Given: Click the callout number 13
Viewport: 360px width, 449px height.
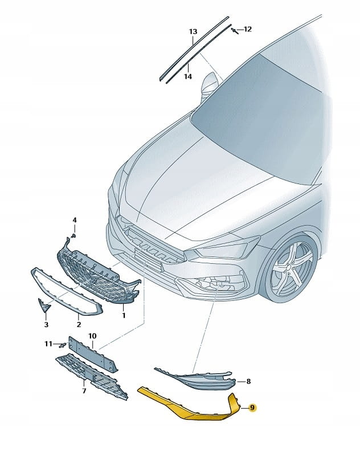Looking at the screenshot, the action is [193, 31].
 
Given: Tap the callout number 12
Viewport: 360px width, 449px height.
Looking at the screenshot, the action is [248, 29].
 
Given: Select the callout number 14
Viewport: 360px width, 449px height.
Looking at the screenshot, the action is [188, 76].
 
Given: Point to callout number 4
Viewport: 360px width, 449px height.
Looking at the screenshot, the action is [75, 220].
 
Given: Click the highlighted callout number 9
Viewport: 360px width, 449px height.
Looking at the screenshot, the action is [252, 408].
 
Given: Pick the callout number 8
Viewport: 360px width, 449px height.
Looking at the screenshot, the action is [248, 381].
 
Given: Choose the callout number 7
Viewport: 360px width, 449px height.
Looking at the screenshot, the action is [84, 390].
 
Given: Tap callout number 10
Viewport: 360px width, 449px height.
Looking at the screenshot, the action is [92, 336].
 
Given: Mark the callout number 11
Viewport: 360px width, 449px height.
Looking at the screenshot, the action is [48, 344].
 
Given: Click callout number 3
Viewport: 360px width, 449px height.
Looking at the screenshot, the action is [46, 324].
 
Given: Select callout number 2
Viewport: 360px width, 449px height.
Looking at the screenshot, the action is [79, 324].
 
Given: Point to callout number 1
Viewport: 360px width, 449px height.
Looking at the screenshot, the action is [124, 316].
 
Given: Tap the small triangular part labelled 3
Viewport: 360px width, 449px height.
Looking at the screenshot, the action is [44, 306].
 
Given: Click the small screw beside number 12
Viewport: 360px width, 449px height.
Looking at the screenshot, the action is [235, 30].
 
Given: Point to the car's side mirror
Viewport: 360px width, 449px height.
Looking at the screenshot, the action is [210, 83].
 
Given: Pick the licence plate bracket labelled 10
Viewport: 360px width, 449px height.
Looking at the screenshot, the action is [93, 354].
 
